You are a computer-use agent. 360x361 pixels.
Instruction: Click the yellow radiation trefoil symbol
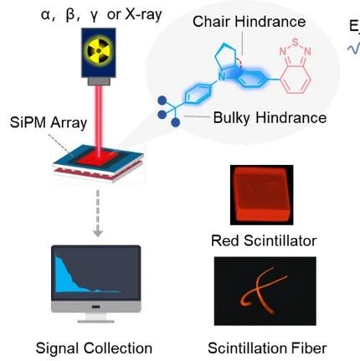point(99,51)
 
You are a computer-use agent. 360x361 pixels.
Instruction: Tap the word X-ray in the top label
point(143,14)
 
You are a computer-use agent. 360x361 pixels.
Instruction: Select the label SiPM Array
point(49,122)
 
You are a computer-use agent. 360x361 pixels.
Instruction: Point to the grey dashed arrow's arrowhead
point(98,233)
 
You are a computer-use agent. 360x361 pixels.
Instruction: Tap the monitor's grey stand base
point(96,322)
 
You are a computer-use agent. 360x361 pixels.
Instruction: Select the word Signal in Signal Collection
point(57,348)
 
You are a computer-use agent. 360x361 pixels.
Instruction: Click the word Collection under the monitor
point(118,348)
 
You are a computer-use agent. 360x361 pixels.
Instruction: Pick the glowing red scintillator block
point(261,194)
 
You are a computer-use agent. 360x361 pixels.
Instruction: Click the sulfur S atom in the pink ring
point(296,43)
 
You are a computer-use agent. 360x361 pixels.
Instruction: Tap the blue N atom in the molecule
point(221,77)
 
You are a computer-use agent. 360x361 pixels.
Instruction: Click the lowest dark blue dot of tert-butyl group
point(175,122)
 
